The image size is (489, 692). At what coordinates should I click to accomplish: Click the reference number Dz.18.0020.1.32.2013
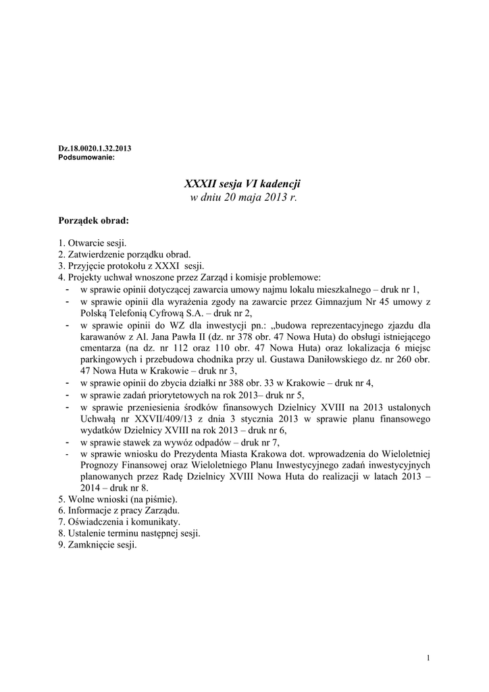(95, 147)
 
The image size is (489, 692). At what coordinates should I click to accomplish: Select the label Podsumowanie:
(87, 156)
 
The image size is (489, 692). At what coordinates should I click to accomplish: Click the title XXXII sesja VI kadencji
(241, 184)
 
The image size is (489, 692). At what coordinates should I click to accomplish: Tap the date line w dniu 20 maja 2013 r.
(241, 197)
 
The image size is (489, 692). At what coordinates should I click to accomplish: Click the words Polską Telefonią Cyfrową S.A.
(138, 312)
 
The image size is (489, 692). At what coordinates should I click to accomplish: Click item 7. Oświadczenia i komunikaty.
(120, 522)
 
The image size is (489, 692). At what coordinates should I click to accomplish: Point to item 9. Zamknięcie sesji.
(98, 545)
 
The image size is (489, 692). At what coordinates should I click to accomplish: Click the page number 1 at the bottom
(429, 659)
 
